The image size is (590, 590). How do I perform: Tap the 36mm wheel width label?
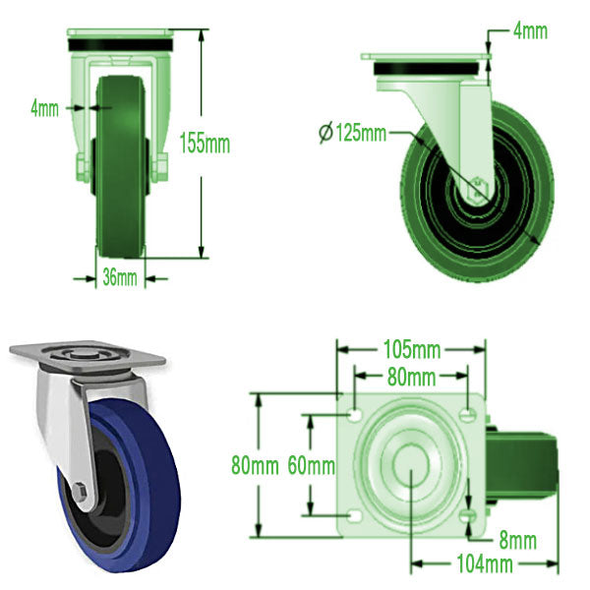[120, 277]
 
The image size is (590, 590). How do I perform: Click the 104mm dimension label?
[487, 563]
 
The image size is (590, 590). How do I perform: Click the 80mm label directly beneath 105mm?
[410, 377]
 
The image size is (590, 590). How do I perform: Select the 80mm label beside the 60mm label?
[252, 465]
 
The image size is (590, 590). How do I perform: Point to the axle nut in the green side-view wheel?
[478, 186]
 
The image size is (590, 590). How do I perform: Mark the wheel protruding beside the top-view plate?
[531, 462]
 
